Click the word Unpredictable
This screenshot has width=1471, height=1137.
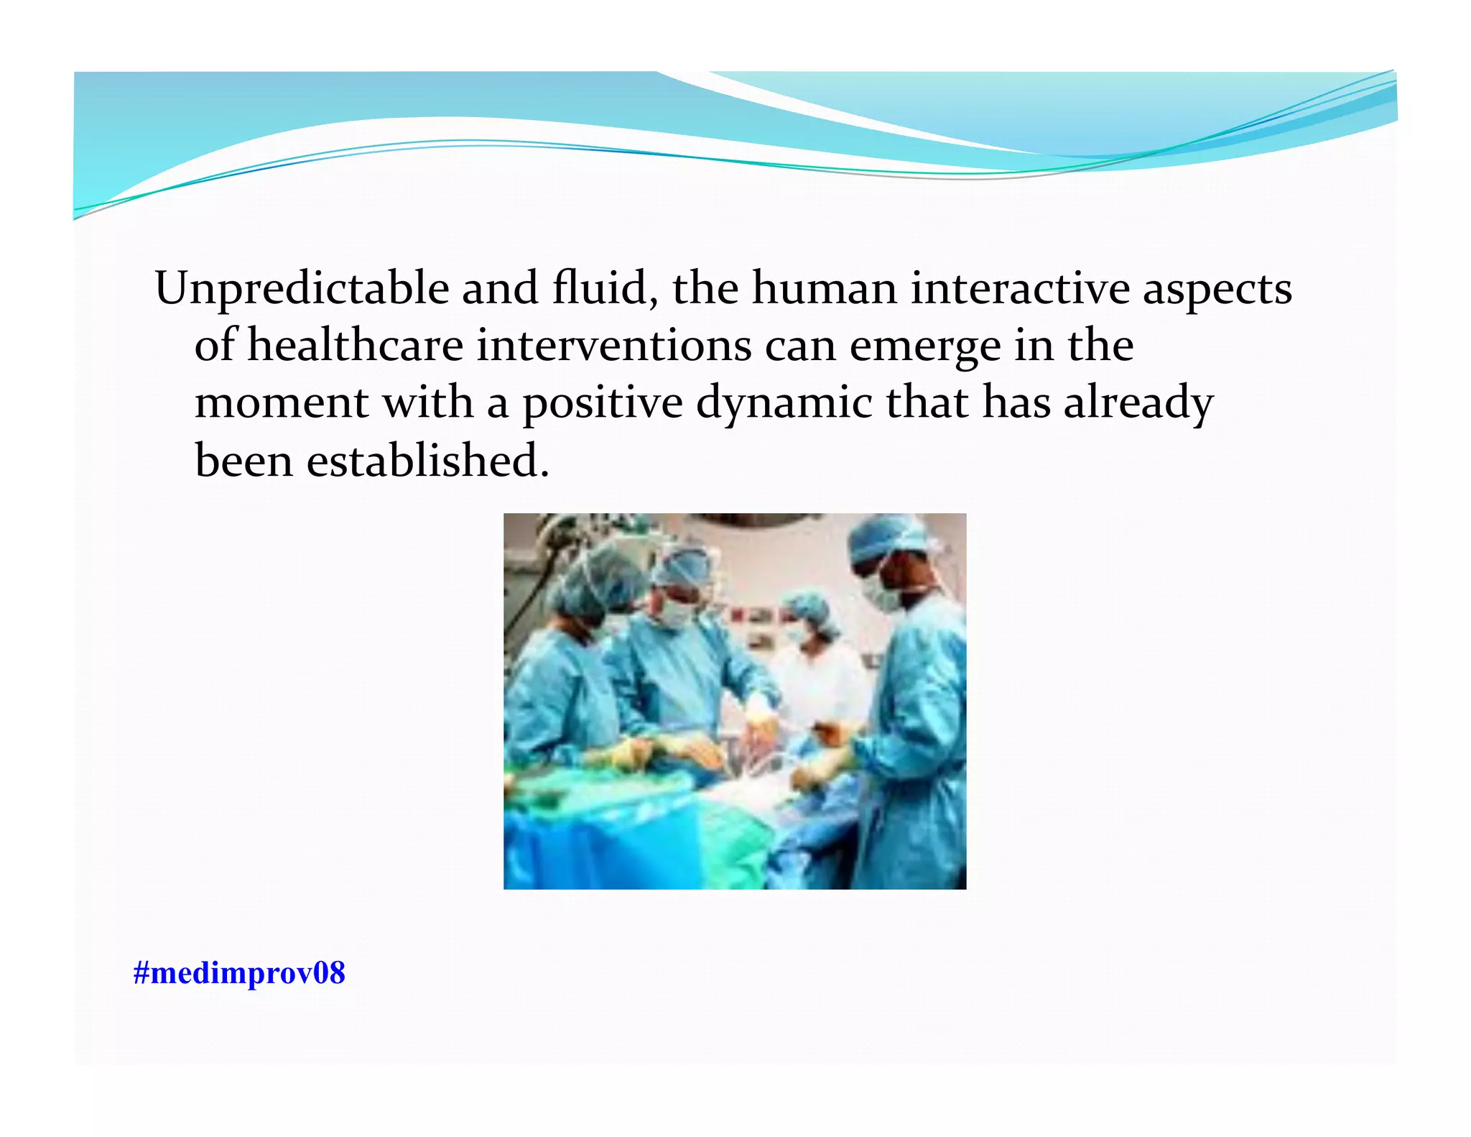(x=302, y=289)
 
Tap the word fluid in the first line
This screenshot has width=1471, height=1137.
(x=603, y=287)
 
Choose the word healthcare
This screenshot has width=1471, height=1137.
(x=356, y=345)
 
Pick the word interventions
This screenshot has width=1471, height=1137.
(x=614, y=345)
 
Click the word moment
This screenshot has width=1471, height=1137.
(x=282, y=402)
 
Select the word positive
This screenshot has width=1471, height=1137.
(x=602, y=404)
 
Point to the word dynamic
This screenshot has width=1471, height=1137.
(x=784, y=404)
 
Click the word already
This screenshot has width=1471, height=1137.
(x=1138, y=404)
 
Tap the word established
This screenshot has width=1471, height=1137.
(x=428, y=460)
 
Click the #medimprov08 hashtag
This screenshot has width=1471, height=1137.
(x=239, y=973)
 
